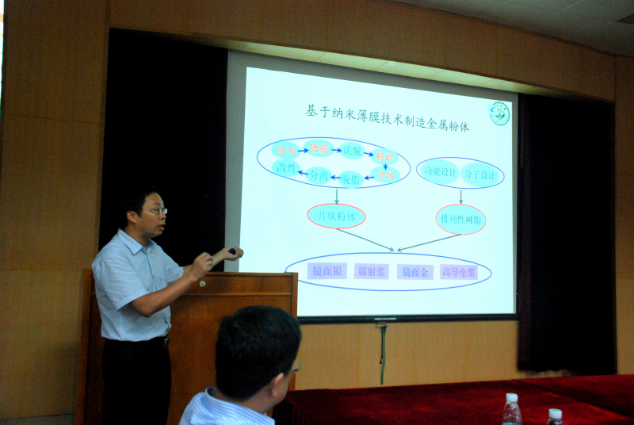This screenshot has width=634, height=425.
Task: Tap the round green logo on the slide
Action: (499, 113)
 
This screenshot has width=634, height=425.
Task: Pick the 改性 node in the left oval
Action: (285, 167)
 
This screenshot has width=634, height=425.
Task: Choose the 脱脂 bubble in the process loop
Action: (350, 179)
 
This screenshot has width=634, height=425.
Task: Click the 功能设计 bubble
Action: (438, 171)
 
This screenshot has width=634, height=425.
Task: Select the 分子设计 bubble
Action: (481, 172)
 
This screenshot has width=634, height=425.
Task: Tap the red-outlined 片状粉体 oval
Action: (336, 216)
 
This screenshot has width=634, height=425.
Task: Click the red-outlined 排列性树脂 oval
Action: (460, 219)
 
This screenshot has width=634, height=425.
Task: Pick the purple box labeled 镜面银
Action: (327, 271)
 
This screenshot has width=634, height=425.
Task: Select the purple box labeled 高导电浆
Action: (459, 272)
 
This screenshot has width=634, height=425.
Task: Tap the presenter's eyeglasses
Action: (155, 211)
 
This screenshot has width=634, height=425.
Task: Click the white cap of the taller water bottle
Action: (512, 397)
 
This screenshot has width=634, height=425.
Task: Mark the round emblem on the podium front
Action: (203, 283)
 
